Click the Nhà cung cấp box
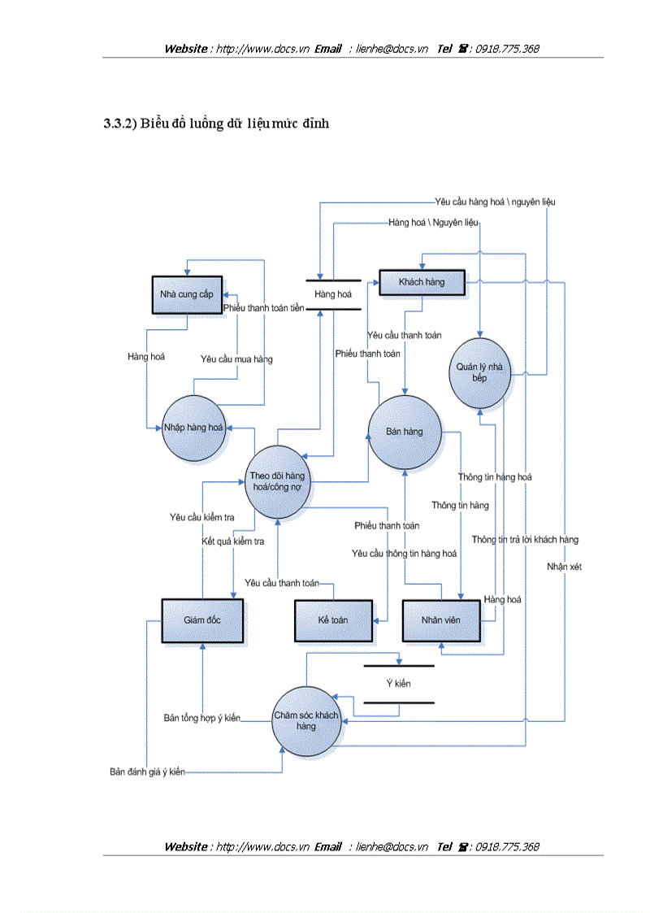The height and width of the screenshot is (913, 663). [187, 295]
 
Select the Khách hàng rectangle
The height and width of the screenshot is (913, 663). [422, 283]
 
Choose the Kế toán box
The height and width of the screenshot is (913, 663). [333, 620]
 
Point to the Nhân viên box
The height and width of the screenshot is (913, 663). [440, 620]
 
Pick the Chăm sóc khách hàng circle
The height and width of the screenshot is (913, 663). [305, 720]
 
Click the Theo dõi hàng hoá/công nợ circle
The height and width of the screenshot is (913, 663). [278, 481]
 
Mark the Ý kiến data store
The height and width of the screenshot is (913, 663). [398, 684]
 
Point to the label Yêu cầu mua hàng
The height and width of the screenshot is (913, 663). [237, 359]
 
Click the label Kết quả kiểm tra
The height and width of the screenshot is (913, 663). [233, 541]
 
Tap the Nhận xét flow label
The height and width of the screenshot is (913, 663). [564, 567]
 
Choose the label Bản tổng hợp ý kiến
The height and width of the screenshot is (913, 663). [202, 718]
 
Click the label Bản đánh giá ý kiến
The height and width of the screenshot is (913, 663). [147, 772]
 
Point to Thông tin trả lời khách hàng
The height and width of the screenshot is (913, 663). [525, 540]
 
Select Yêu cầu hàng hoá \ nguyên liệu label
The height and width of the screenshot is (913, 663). [496, 201]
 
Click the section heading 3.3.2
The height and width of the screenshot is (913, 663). [215, 124]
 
